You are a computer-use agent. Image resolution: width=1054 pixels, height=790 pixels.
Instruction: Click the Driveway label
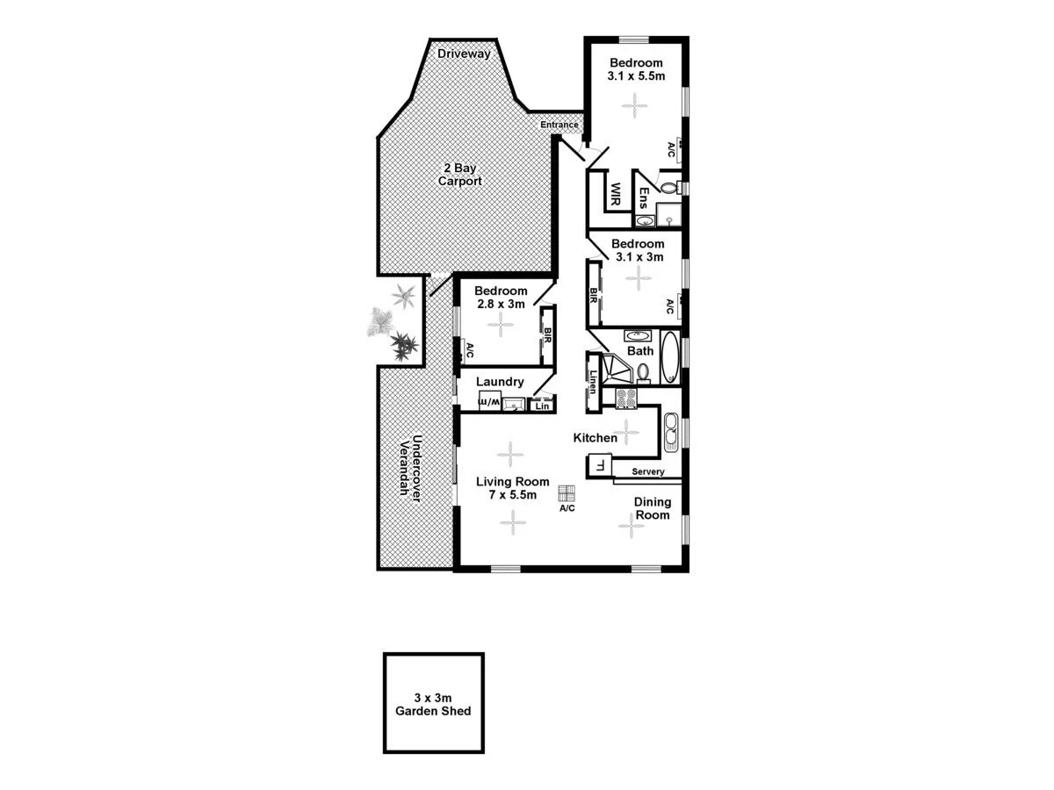[x=464, y=54]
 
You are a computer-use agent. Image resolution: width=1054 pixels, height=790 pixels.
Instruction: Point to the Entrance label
[x=559, y=125]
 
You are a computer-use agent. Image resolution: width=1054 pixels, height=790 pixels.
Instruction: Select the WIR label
[x=616, y=193]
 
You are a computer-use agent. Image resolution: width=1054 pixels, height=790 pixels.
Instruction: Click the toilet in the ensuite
[x=668, y=187]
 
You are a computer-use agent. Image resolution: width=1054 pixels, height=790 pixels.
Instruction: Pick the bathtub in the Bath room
[x=670, y=357]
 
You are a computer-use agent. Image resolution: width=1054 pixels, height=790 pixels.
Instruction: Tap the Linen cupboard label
[x=595, y=382]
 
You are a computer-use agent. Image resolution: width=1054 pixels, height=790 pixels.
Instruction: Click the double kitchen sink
[x=672, y=431]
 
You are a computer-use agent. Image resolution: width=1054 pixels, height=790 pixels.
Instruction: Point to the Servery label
[x=648, y=472]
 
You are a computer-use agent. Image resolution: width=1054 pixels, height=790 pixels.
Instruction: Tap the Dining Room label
[x=653, y=508]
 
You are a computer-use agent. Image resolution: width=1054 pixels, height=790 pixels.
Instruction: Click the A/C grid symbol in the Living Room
[x=567, y=492]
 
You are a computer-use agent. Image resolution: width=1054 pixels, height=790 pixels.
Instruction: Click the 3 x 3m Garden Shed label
[x=433, y=704]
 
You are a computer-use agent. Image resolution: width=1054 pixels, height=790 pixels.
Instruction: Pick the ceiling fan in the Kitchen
[x=626, y=431]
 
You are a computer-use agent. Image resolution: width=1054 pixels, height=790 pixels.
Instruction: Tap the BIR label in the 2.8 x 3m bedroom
[x=547, y=334]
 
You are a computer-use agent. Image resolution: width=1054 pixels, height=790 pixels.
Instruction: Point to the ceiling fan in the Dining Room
[x=630, y=526]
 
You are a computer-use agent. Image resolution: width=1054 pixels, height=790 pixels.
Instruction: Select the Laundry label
[x=500, y=382]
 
